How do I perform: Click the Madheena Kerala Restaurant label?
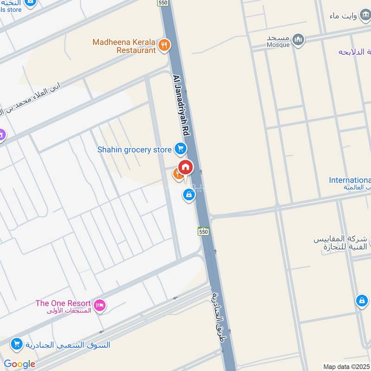click(x=124, y=46)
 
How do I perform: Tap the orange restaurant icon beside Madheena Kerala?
click(x=164, y=45)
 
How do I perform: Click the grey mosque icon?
click(x=299, y=39)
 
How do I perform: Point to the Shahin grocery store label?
click(x=134, y=150)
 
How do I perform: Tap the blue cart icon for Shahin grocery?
click(x=180, y=149)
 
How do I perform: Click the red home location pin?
click(x=185, y=167)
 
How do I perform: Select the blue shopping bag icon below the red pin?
click(x=188, y=195)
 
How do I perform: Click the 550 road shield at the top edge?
click(x=162, y=3)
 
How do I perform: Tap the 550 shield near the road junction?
click(x=203, y=231)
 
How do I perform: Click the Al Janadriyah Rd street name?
click(x=182, y=106)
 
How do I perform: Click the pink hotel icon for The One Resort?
click(x=99, y=305)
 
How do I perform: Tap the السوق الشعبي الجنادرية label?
click(x=68, y=345)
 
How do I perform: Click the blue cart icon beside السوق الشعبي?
click(x=16, y=344)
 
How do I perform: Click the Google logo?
click(x=19, y=364)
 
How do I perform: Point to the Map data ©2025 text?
click(x=345, y=366)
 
